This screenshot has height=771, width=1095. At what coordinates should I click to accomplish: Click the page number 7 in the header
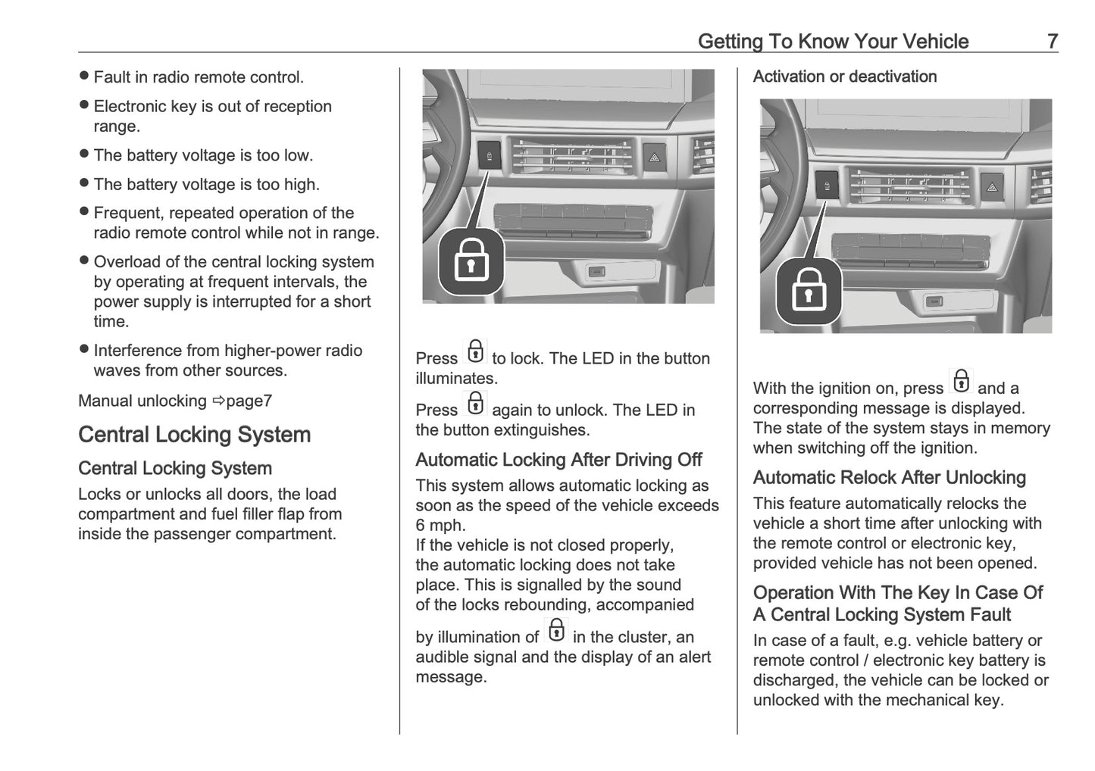(x=1052, y=41)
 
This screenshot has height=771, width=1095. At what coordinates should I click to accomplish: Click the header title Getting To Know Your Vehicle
(x=833, y=41)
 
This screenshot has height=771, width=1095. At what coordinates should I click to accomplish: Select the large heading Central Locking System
(x=195, y=435)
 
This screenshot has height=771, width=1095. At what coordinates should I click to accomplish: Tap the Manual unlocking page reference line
(x=175, y=401)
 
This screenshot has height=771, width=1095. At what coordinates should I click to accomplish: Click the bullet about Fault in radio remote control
(x=198, y=77)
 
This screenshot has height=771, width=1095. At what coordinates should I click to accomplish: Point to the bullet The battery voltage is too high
(x=206, y=184)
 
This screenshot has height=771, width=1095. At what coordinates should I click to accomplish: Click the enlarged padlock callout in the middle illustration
(x=471, y=262)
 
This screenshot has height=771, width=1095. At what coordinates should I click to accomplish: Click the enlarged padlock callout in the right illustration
(x=809, y=292)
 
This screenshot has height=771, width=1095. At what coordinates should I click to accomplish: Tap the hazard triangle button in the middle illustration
(x=653, y=157)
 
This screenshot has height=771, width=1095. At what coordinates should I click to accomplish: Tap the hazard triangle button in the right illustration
(x=991, y=186)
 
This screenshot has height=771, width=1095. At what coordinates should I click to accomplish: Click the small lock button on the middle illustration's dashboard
(x=490, y=156)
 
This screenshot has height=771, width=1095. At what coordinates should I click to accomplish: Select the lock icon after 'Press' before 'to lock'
(x=475, y=352)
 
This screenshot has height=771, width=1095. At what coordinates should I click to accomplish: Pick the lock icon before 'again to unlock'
(x=475, y=404)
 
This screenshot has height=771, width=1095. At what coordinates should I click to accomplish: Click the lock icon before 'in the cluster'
(x=555, y=631)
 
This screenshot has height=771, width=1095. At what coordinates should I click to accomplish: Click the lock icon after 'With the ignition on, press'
(x=961, y=382)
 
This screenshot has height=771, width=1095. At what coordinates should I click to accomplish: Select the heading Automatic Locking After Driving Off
(x=558, y=460)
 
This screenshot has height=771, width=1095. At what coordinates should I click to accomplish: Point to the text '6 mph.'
(x=440, y=526)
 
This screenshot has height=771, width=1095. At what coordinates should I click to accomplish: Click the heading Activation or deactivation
(x=844, y=76)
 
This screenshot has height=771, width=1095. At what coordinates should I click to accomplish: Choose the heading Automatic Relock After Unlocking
(x=889, y=478)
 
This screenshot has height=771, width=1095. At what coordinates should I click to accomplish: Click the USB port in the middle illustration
(x=597, y=271)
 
